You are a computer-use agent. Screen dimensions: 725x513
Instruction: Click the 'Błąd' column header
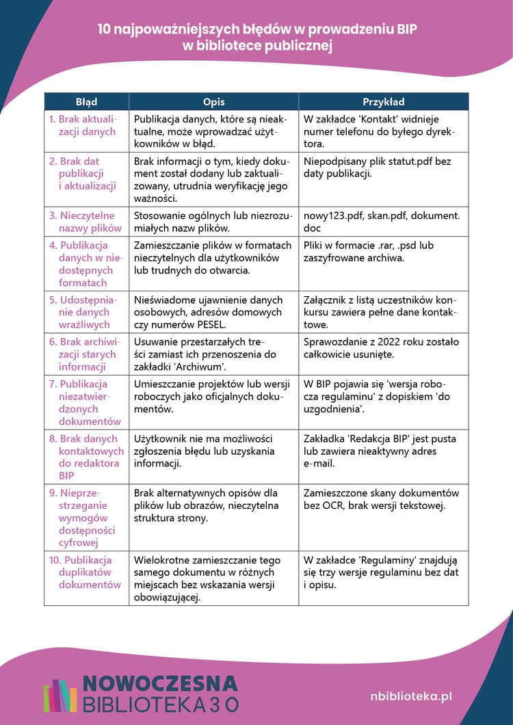86,102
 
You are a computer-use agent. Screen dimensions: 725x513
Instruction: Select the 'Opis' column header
213,102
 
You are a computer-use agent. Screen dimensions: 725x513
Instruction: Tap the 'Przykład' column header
383,102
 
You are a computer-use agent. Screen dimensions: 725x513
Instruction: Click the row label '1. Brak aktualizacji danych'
87,125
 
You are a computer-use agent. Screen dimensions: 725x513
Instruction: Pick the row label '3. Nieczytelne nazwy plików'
87,222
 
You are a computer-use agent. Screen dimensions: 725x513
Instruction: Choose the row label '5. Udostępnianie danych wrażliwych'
87,312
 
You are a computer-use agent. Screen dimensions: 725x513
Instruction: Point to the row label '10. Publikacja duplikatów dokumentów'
87,572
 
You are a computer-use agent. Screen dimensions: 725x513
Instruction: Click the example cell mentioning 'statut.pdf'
383,168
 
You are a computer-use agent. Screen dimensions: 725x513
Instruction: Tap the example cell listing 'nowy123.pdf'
383,222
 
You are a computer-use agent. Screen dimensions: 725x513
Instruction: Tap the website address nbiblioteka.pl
410,696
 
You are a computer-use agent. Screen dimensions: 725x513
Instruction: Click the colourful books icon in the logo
60,695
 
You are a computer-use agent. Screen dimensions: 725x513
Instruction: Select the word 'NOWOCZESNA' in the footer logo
160,683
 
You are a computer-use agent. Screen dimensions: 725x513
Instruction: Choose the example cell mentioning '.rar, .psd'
383,251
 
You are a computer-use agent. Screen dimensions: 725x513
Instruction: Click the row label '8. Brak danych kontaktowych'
87,456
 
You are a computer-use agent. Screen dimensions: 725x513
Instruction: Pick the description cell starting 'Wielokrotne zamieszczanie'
213,578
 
